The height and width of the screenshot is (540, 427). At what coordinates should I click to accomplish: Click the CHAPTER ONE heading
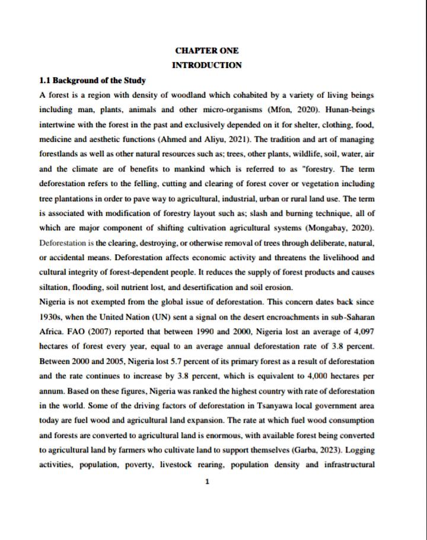207,51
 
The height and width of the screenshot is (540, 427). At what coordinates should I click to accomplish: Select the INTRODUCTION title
207,65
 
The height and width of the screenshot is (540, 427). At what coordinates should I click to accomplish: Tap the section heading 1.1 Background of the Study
93,80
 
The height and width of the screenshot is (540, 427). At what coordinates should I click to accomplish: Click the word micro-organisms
249,110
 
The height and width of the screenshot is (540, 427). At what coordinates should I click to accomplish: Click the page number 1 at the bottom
207,482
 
